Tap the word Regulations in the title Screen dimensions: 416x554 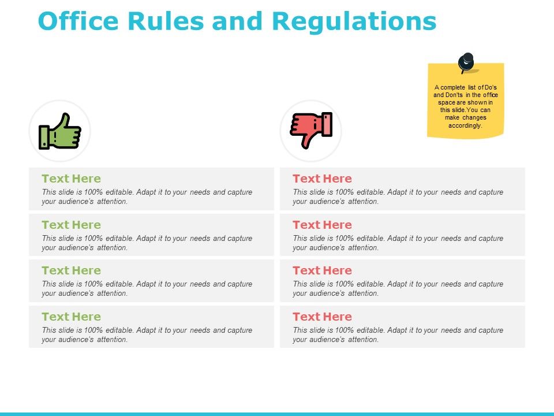(x=354, y=21)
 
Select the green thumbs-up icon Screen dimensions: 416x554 (x=60, y=131)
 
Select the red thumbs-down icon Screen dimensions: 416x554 (x=311, y=131)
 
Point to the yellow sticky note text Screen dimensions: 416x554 (x=465, y=106)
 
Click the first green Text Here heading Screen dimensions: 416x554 (x=71, y=179)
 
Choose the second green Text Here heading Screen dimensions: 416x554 (x=71, y=225)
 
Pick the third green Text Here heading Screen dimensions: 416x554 (x=71, y=270)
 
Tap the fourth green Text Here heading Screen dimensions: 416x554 (x=71, y=317)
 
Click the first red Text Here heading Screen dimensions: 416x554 (x=322, y=179)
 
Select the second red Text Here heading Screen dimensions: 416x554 (x=322, y=225)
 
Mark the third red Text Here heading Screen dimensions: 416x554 (x=322, y=270)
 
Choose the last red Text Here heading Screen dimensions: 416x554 (x=322, y=317)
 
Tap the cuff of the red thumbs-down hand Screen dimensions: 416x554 (x=327, y=124)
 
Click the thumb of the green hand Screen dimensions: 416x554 (x=65, y=120)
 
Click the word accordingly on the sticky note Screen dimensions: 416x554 (x=465, y=125)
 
